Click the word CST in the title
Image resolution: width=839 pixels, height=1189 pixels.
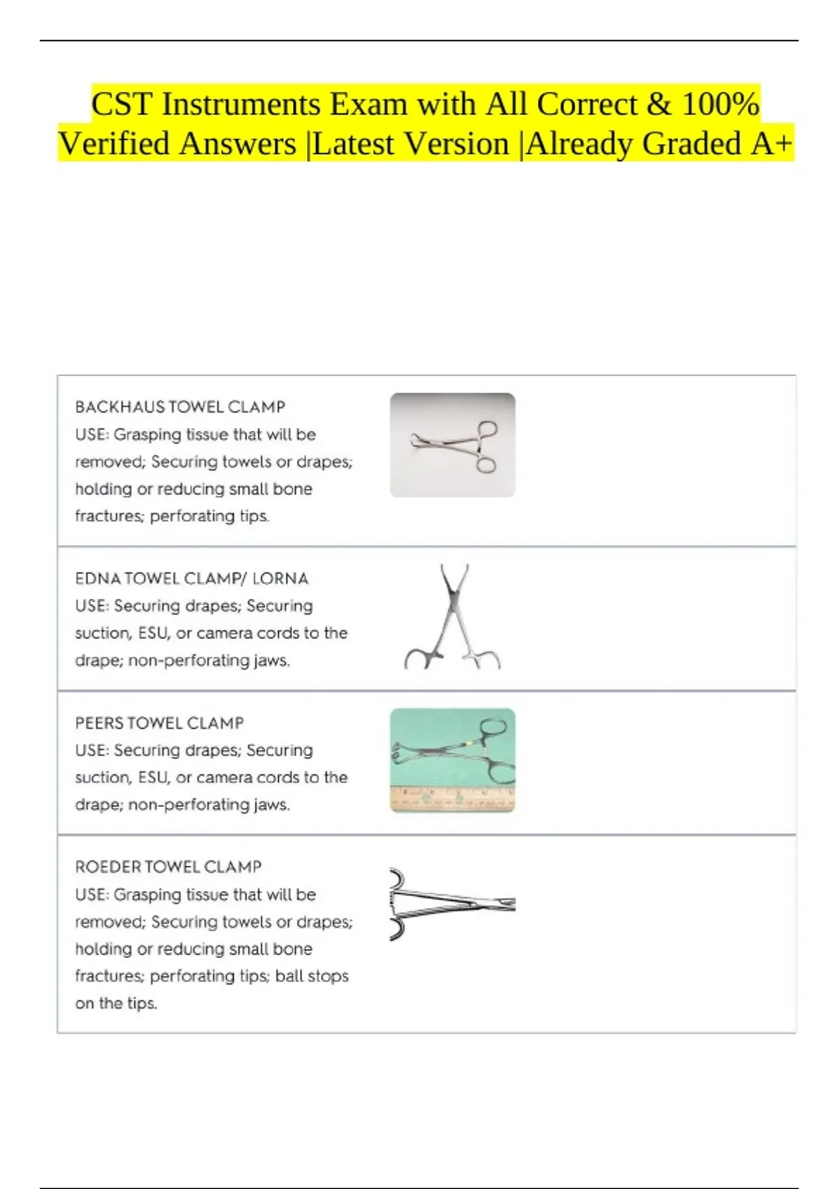pos(122,105)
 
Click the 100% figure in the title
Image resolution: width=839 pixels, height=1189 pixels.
pos(720,105)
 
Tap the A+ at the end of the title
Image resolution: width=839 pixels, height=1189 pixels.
pos(772,144)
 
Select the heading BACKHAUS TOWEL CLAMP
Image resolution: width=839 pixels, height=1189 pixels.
pos(180,407)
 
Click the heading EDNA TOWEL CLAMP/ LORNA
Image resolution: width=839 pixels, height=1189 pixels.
pos(192,578)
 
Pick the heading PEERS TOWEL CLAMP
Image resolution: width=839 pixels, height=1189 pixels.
pos(159,722)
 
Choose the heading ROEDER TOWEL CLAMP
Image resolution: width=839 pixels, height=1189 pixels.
pos(168,867)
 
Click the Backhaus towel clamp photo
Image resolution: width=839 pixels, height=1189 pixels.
pos(452,446)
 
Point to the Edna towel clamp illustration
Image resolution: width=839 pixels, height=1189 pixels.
pos(452,618)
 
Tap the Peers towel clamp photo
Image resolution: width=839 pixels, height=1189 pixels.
pos(452,755)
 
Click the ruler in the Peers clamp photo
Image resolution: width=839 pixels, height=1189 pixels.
pos(452,799)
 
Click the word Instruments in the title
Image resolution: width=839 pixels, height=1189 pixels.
pos(241,105)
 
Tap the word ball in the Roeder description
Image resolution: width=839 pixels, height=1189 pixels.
pos(289,976)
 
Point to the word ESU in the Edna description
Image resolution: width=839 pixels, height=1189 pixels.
pos(153,633)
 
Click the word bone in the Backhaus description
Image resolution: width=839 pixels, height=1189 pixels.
pos(293,489)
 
